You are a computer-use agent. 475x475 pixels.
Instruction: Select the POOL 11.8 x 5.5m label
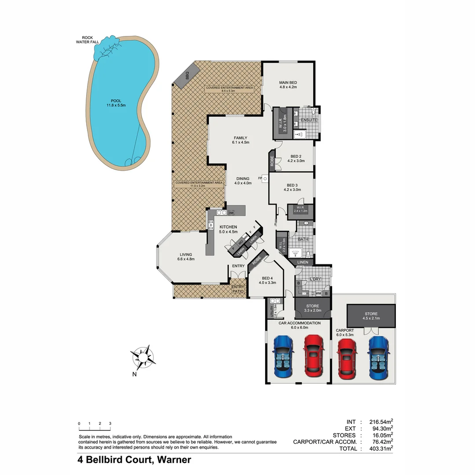[116, 103]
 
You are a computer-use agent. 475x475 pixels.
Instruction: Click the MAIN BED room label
[288, 84]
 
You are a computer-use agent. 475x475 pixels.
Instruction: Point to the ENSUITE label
[308, 120]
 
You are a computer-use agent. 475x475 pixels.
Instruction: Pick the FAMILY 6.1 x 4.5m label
[241, 140]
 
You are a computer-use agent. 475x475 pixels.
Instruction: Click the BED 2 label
[296, 158]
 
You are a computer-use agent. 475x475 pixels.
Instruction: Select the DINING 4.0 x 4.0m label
[242, 180]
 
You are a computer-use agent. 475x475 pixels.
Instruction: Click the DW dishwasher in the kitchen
[231, 213]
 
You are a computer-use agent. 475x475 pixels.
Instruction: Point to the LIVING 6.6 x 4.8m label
[186, 256]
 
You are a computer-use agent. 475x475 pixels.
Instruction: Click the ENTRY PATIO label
[237, 289]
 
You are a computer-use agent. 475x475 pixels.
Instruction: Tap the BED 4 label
[268, 280]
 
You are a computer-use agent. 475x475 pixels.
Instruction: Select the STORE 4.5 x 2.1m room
[371, 316]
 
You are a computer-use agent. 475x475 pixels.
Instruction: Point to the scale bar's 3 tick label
[110, 424]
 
